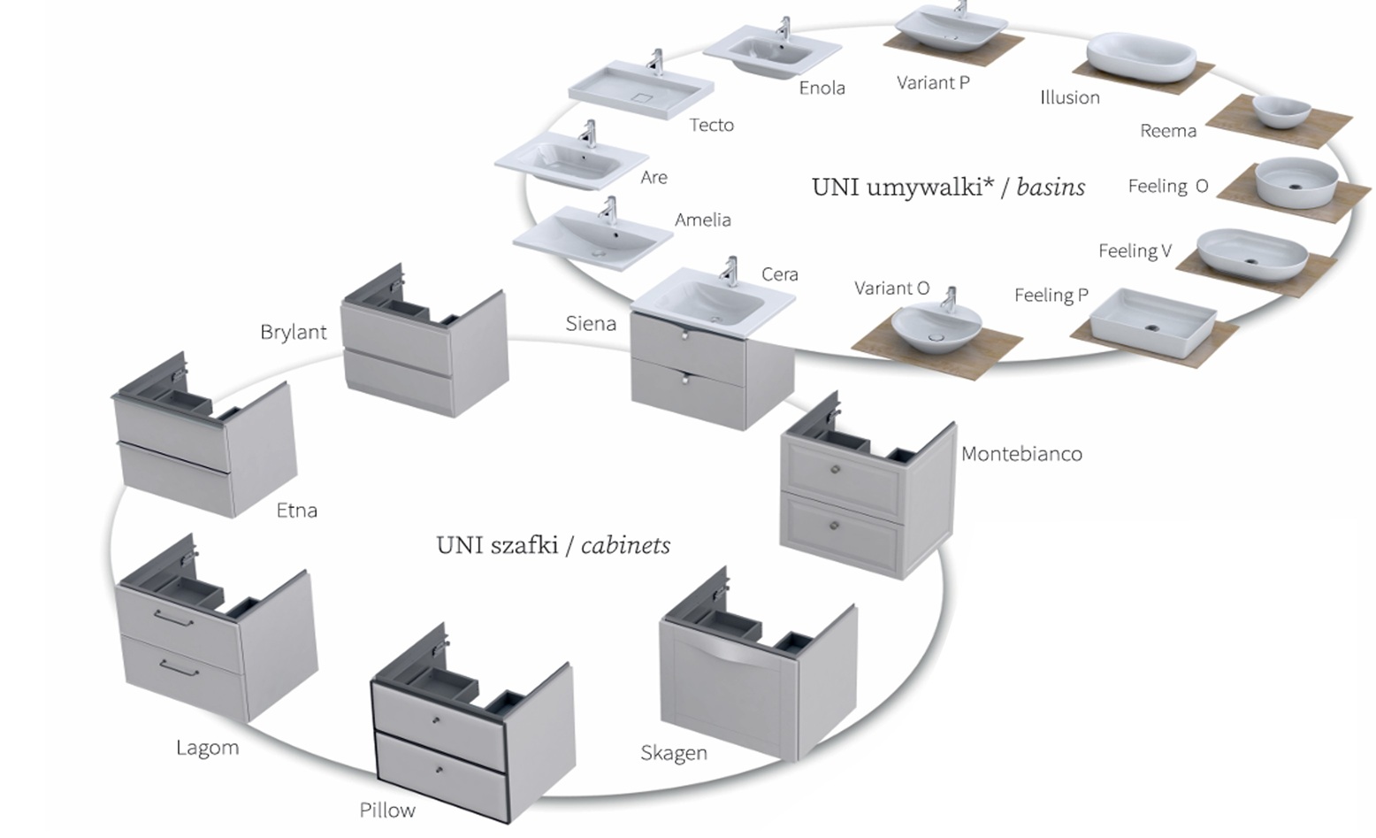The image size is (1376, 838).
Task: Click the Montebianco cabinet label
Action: pos(1021,454)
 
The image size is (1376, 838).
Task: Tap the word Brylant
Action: pos(294,332)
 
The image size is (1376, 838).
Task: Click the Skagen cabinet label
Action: pos(674,752)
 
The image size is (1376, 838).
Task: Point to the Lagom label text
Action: pos(208,748)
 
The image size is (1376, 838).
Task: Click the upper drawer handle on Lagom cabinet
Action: pos(174,619)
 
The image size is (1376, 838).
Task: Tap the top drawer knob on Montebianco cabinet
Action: pos(835,470)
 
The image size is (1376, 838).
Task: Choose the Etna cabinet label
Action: pos(297,511)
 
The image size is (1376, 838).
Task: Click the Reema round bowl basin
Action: pos(1281,112)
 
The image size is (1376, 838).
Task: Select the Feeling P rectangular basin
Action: pos(1153,323)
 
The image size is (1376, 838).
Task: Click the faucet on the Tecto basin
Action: pos(656,61)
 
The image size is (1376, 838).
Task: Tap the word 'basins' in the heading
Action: pos(1051,187)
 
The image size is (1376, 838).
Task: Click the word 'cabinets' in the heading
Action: pos(625,545)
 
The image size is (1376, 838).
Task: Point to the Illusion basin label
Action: pos(1070,97)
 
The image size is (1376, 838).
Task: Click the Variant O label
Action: pos(892,288)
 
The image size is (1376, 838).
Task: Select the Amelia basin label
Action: pos(703,219)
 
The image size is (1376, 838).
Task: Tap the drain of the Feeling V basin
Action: pos(1250,261)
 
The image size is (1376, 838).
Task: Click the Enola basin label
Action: pos(822,88)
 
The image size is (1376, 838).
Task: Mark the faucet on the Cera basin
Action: pos(730,271)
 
